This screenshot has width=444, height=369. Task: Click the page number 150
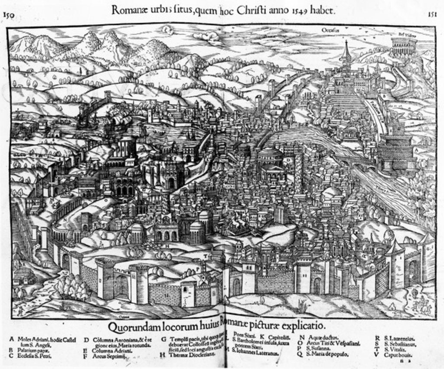tap(7, 15)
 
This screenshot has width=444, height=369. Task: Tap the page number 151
tap(431, 14)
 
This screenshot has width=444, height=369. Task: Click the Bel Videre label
tap(405, 34)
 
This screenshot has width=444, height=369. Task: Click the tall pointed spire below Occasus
tap(346, 52)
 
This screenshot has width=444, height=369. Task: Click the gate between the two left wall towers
tap(122, 286)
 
